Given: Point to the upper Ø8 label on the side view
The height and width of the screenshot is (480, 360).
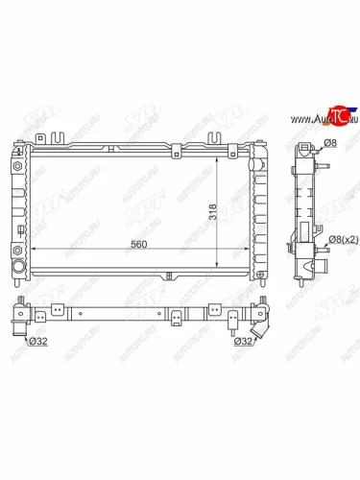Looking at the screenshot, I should click(329, 144).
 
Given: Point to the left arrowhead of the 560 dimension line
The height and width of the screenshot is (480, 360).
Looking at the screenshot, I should click(35, 251).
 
